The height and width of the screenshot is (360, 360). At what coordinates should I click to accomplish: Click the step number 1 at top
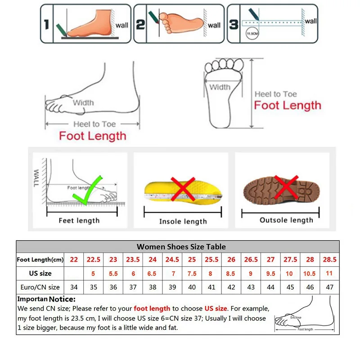(46, 24)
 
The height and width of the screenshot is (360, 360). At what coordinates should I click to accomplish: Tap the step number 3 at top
(234, 24)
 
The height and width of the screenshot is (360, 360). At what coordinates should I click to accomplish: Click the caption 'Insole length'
(183, 221)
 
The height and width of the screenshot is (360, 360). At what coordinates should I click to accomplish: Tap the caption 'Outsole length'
(286, 220)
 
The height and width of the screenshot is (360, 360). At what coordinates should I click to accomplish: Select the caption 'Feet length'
(79, 220)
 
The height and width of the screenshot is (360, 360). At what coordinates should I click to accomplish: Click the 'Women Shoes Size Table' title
(181, 247)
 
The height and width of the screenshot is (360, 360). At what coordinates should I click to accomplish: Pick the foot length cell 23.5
(133, 260)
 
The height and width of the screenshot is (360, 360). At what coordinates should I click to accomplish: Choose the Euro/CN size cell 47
(329, 287)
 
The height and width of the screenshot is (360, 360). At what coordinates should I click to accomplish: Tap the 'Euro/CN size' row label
(40, 287)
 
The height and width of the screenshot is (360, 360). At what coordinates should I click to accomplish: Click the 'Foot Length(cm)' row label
(40, 260)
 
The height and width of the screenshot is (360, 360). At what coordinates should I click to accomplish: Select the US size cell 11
(329, 273)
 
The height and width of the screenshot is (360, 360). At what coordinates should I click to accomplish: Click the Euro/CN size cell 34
(74, 287)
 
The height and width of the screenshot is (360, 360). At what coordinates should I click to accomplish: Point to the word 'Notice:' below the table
(62, 299)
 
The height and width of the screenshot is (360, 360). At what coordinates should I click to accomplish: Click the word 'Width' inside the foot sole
(220, 87)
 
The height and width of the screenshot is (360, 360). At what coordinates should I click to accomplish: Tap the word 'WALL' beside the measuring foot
(36, 179)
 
